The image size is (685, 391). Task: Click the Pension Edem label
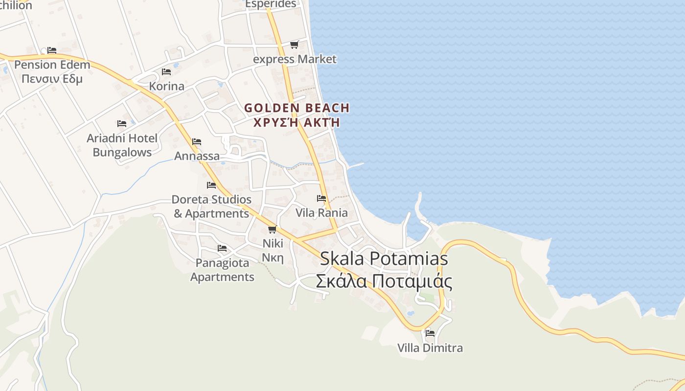[x=52, y=71]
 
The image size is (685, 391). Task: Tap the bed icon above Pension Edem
[x=52, y=50]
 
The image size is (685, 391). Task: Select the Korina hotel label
[x=167, y=87]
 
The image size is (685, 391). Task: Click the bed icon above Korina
[x=166, y=72]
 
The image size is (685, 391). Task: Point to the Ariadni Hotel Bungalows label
[x=122, y=145]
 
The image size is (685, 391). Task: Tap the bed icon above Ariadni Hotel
[x=122, y=124]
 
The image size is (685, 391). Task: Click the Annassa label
[x=197, y=156]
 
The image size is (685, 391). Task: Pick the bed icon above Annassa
[x=197, y=142]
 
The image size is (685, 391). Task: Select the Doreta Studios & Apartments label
[x=211, y=206]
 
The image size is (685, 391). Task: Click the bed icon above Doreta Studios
[x=211, y=185]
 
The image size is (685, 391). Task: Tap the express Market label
[x=295, y=60]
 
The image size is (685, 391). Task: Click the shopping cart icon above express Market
[x=294, y=45]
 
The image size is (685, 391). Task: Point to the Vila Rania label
[x=321, y=213]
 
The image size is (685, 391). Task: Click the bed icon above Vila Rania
[x=321, y=198]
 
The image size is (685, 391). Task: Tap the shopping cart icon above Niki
[x=273, y=229]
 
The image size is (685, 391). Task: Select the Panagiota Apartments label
[x=222, y=270]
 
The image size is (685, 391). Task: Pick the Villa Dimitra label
[x=430, y=348]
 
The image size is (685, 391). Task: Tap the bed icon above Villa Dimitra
[x=430, y=333]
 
